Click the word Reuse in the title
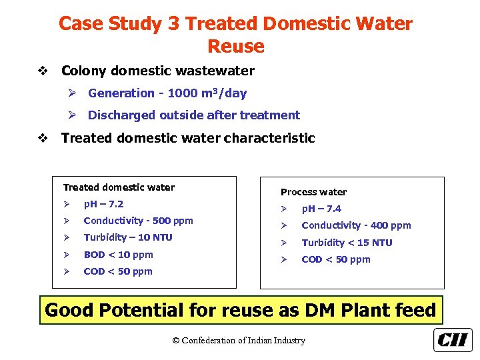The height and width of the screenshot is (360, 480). click(x=236, y=47)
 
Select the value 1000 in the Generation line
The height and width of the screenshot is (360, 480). click(x=182, y=93)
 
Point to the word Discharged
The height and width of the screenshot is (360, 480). click(x=121, y=115)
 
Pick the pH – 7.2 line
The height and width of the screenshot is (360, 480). click(x=103, y=204)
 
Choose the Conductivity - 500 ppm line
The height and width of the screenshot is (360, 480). click(x=138, y=221)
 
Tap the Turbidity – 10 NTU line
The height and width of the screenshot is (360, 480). click(x=128, y=237)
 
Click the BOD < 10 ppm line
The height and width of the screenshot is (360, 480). click(x=118, y=255)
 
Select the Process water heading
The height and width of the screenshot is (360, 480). click(x=313, y=192)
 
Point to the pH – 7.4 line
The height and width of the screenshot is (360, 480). click(x=321, y=209)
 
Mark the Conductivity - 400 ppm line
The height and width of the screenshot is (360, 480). click(x=356, y=225)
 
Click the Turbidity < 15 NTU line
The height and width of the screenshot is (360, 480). click(x=347, y=243)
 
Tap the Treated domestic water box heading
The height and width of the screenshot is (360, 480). click(x=119, y=187)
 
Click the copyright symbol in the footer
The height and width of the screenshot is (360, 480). click(x=176, y=341)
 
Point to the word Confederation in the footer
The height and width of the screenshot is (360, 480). click(x=213, y=341)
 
